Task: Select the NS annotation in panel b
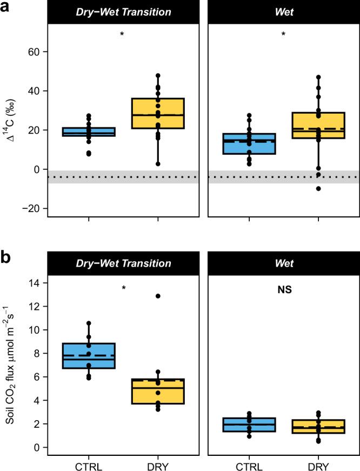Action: coord(284,290)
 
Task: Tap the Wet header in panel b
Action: coord(284,263)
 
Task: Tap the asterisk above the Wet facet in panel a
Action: coord(284,35)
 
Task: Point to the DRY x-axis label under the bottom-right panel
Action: coord(318,464)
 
